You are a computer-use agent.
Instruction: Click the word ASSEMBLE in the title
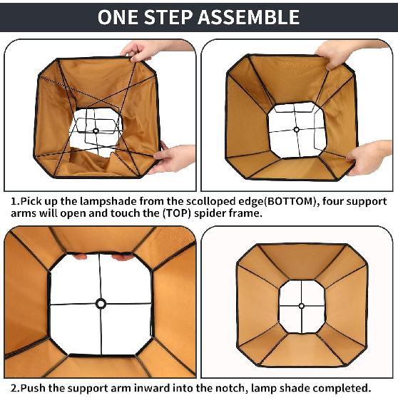coord(249,17)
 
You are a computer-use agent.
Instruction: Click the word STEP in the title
coord(168,17)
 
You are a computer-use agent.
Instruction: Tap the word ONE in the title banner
coord(118,17)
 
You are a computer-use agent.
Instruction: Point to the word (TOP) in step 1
coord(177,213)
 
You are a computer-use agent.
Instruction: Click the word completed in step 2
coord(342,388)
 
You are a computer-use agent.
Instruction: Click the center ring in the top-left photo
coord(96,131)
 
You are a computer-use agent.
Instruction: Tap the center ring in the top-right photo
coord(296,129)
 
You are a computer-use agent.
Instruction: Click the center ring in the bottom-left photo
coord(101,304)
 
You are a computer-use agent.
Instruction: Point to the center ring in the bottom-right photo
coord(302,306)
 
